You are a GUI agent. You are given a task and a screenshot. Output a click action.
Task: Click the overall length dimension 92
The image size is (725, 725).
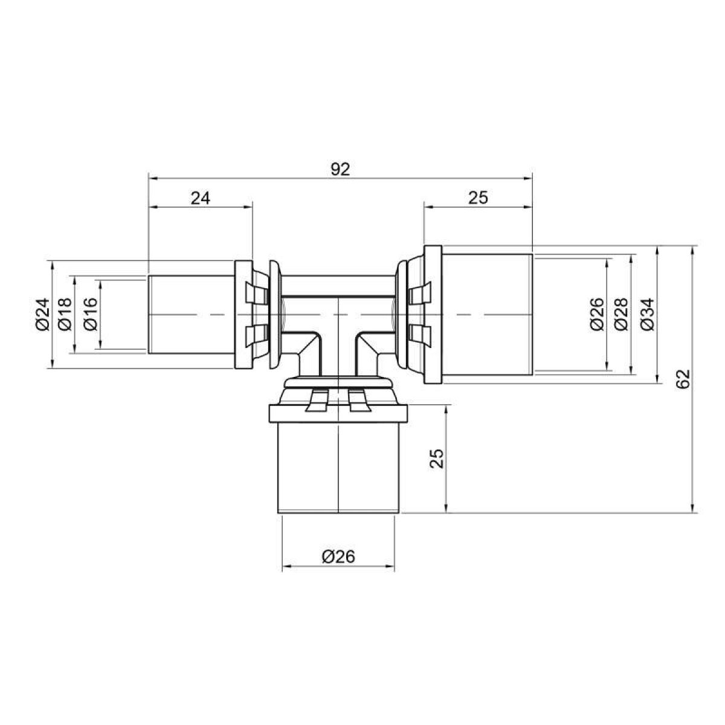(x=340, y=170)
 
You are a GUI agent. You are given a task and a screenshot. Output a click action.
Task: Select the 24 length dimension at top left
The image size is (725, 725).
(x=200, y=198)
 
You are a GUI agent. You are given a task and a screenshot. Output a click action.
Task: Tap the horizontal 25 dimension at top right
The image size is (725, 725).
(x=478, y=198)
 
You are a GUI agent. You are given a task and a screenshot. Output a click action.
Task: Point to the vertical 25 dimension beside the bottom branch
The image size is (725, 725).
(x=436, y=458)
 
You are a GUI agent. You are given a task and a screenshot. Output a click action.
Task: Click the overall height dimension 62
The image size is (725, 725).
(x=683, y=379)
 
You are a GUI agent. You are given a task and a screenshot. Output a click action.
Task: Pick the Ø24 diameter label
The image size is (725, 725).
(x=43, y=314)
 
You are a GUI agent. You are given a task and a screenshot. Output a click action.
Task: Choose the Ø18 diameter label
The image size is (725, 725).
(x=65, y=314)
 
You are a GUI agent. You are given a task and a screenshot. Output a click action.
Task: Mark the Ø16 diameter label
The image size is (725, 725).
(x=91, y=314)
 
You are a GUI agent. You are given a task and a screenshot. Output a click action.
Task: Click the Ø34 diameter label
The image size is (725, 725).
(x=648, y=315)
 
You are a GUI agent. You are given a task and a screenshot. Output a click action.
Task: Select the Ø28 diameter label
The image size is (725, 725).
(x=621, y=315)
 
